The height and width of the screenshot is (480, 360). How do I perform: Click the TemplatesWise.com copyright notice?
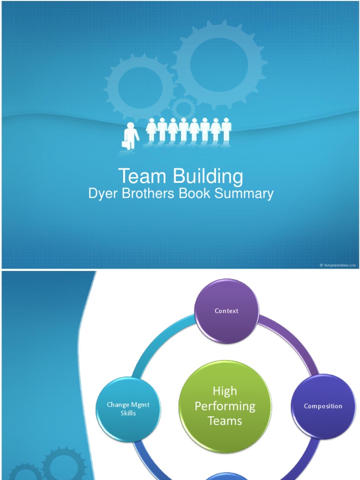337,265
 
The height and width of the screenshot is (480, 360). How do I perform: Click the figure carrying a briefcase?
131,135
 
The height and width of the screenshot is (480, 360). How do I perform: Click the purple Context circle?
226,311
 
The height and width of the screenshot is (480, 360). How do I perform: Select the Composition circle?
323,406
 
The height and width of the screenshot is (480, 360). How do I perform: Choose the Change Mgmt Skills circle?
128,409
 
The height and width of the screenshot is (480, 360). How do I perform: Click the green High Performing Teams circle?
225,406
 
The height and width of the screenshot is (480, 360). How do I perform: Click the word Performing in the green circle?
225,406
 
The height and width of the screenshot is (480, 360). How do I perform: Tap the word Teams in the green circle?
225,421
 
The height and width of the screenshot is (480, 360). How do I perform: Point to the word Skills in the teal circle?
128,413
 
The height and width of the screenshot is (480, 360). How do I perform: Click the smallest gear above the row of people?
183,108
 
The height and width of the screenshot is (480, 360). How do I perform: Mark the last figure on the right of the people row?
227,129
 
